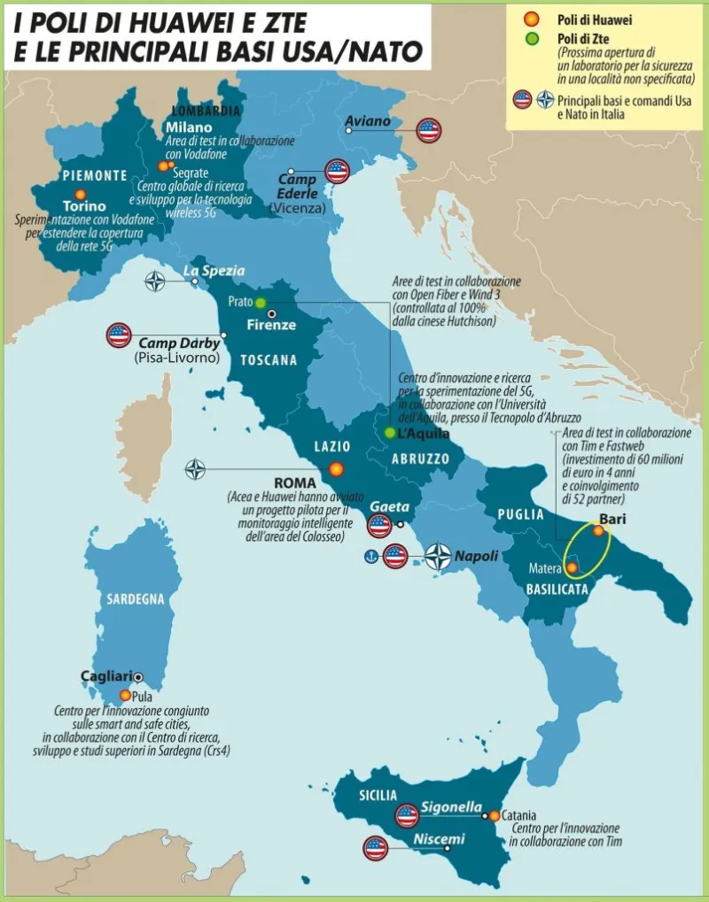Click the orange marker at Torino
pos(81,194)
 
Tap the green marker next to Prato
pos(261,303)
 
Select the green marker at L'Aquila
pos(390,433)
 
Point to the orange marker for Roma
pos(336,469)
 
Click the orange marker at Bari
pos(598,531)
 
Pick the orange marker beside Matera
pos(573,567)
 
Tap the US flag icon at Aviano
pos(430,130)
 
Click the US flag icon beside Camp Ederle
pos(337,171)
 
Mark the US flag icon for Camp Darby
pos(119,335)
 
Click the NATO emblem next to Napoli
pos(438,556)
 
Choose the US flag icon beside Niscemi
pos(376,848)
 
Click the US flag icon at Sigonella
pos(407,815)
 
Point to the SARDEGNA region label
pos(136,599)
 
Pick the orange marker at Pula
pos(125,696)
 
